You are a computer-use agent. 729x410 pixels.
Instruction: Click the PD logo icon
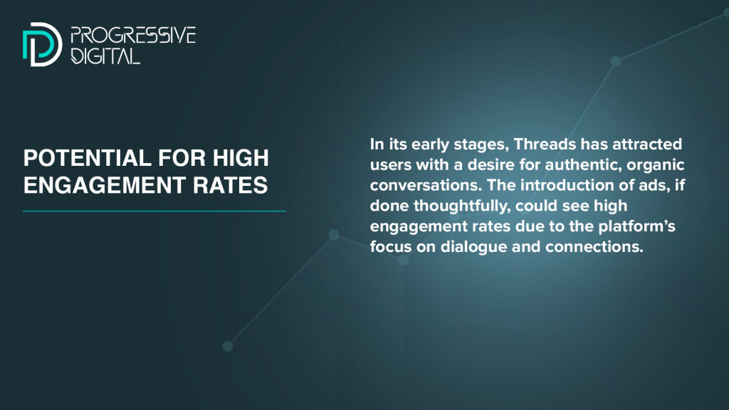pos(42,44)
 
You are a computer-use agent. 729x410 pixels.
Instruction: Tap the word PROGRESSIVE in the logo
pos(133,36)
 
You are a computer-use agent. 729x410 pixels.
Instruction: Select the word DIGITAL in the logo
pos(105,56)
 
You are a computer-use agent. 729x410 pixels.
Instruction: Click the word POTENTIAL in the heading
pos(80,158)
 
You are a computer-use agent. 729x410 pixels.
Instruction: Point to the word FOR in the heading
pos(175,158)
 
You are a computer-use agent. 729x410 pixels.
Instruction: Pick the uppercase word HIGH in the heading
pos(241,158)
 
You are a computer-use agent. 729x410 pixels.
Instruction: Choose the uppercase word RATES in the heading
pos(230,185)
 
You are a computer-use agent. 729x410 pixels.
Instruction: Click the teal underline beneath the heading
pos(154,211)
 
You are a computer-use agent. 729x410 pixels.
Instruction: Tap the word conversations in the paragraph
pos(426,185)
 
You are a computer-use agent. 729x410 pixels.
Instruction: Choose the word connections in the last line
pos(594,246)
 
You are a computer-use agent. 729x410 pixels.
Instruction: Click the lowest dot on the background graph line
pos(227,346)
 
